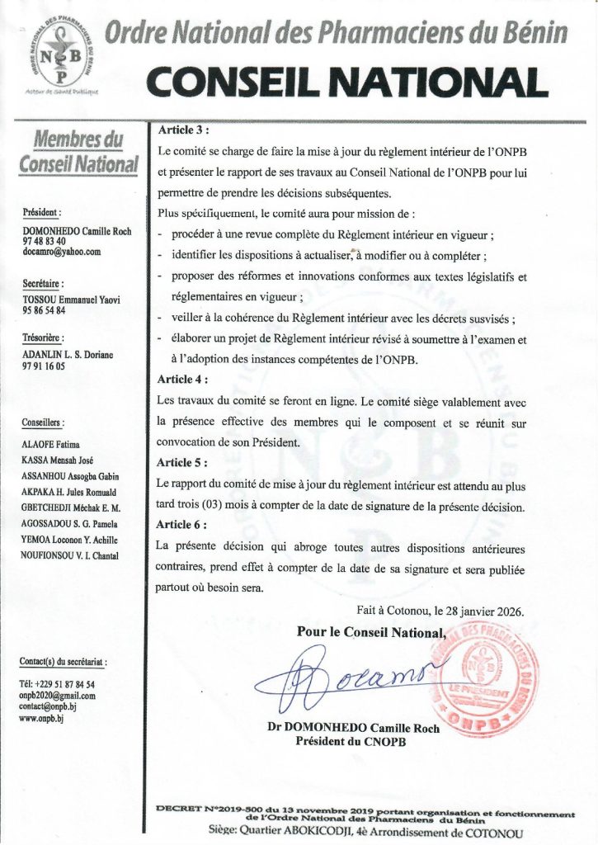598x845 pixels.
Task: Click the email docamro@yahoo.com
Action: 62,252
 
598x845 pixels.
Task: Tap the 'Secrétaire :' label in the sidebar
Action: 45,284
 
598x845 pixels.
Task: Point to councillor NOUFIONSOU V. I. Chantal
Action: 71,555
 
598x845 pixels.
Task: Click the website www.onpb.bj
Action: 41,719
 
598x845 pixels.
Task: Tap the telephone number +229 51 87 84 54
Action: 57,684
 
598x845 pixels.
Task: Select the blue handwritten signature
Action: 346,682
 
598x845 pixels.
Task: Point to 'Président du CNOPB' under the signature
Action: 353,741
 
